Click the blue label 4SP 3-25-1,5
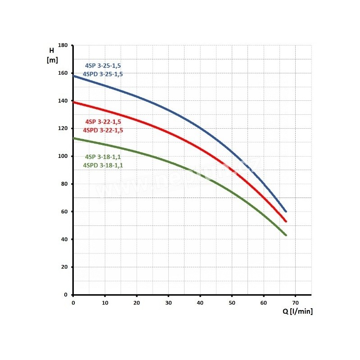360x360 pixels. click(103, 66)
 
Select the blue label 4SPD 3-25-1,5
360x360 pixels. click(103, 74)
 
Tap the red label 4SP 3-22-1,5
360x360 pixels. click(103, 122)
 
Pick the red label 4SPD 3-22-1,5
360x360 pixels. click(103, 130)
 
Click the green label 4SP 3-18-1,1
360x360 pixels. click(103, 157)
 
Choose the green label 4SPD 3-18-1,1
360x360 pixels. click(103, 166)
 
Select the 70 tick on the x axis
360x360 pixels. click(295, 302)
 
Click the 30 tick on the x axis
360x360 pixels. click(168, 302)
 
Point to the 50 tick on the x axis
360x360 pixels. click(232, 302)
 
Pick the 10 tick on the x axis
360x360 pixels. click(105, 302)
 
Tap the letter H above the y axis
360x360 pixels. click(51, 50)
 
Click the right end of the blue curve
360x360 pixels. click(286, 211)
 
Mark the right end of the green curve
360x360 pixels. click(285, 235)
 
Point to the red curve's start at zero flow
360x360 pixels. click(74, 102)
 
